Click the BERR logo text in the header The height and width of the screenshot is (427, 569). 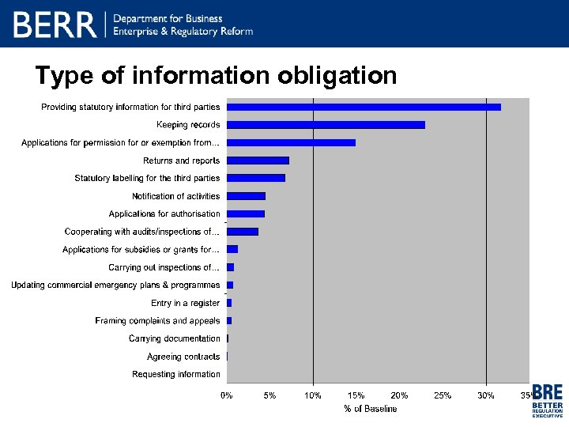[55, 25]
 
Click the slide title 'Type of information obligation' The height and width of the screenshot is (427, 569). [216, 75]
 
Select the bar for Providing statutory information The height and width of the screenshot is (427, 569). [364, 107]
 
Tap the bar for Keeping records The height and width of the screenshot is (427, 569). [326, 125]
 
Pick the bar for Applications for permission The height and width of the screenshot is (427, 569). [291, 142]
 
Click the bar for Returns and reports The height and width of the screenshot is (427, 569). [258, 161]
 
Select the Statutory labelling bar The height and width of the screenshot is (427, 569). [256, 178]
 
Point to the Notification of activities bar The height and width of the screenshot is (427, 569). [246, 196]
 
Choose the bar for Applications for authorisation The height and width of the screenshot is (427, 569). [246, 213]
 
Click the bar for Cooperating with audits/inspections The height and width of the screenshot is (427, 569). [243, 232]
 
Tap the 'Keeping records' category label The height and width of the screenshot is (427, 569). [188, 125]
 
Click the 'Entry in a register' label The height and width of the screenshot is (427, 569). [185, 303]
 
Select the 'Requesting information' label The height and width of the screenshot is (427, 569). [175, 374]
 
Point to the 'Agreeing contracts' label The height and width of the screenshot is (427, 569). [183, 357]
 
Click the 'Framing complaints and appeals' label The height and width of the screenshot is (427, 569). [157, 321]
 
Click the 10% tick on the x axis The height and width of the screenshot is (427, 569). [313, 395]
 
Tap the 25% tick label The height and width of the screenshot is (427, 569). [443, 395]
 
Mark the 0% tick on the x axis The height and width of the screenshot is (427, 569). [227, 395]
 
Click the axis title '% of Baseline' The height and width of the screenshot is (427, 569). [370, 409]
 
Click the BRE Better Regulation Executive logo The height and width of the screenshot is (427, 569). [547, 400]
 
